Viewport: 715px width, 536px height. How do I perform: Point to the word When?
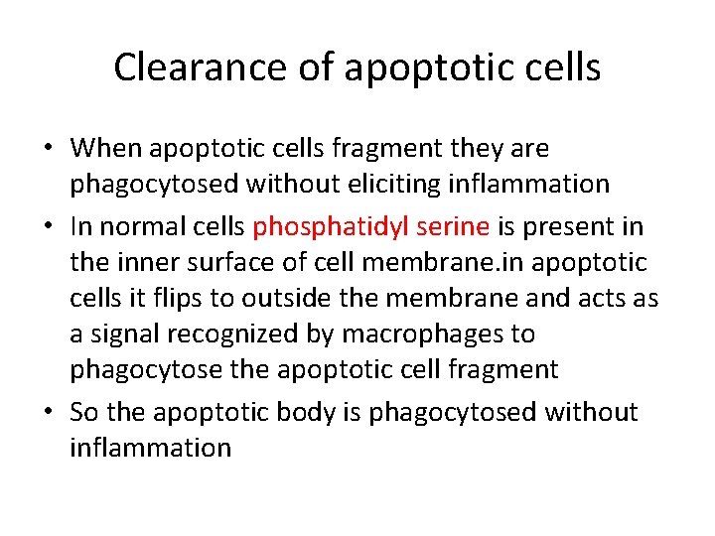(x=107, y=149)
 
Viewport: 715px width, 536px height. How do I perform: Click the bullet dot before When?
(x=49, y=150)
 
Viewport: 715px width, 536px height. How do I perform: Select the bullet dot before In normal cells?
(x=49, y=227)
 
